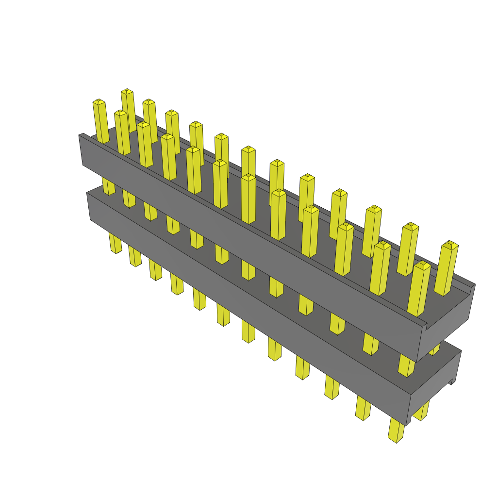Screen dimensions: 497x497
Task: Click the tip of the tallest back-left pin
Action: pyautogui.click(x=127, y=91)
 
